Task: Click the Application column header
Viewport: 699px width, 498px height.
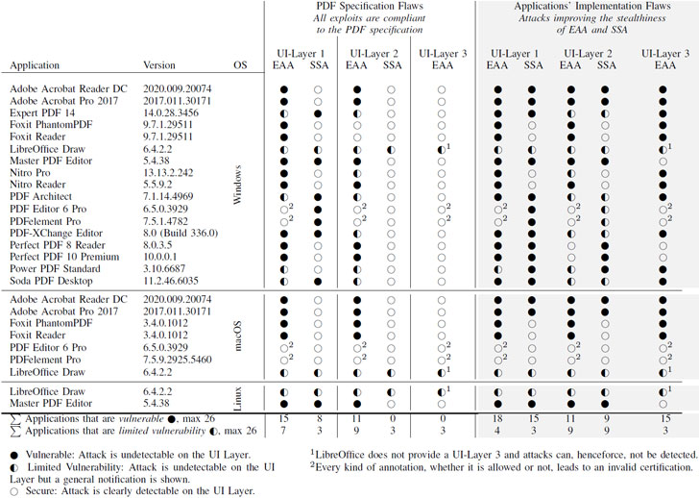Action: point(37,66)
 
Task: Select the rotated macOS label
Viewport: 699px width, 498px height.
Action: point(240,335)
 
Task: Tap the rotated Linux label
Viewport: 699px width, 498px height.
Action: point(240,398)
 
